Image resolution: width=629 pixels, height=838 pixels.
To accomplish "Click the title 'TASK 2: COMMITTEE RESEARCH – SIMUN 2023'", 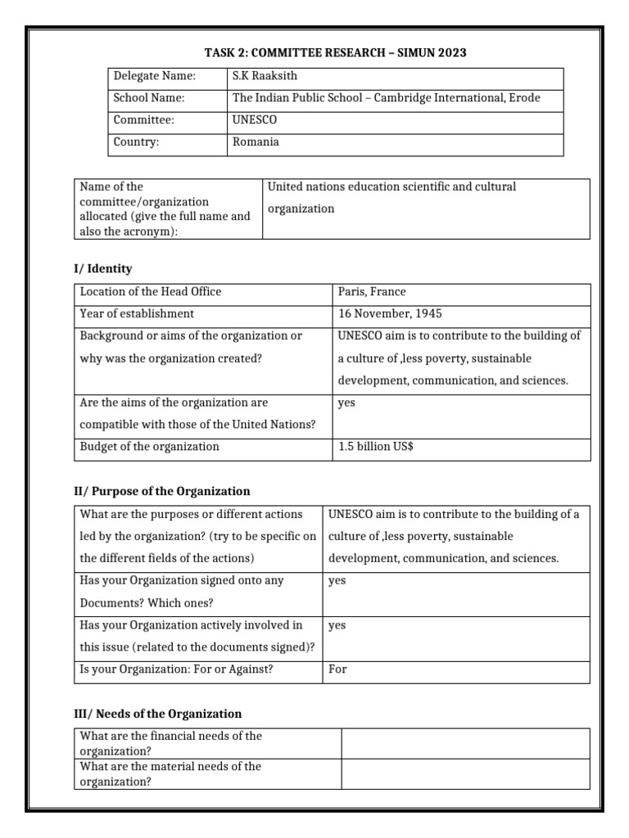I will tap(335, 53).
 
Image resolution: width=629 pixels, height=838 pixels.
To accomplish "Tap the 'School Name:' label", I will tap(149, 98).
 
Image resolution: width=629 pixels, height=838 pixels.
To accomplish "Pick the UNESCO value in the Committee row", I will tap(256, 119).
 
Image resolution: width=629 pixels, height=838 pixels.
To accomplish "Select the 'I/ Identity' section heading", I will tap(103, 268).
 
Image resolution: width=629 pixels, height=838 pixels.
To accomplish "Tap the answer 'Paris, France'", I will tap(372, 291).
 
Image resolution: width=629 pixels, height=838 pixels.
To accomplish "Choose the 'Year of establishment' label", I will tap(137, 313).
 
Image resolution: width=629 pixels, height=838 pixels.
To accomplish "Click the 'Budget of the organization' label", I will tap(149, 447).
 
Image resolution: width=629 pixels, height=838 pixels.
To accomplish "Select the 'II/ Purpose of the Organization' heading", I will tap(162, 491).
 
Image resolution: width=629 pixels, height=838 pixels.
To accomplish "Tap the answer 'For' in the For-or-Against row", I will tap(337, 669).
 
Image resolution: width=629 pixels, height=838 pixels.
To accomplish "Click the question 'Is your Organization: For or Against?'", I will tap(176, 669).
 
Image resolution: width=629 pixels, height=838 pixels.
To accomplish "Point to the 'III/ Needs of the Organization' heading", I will tap(158, 714).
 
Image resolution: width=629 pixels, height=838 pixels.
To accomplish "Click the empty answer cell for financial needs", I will tap(464, 743).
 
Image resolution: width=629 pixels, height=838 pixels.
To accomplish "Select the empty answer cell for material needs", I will tap(464, 773).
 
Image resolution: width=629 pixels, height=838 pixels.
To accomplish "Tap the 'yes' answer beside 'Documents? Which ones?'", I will tap(337, 580).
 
